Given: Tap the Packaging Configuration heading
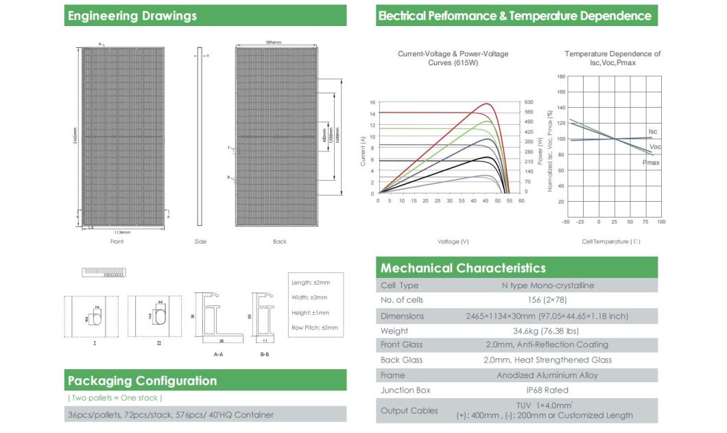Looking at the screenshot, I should (x=142, y=381).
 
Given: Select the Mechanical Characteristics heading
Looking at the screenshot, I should (x=463, y=268).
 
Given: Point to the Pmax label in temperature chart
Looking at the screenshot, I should (x=651, y=163).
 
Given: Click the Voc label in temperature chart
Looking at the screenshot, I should (x=655, y=147).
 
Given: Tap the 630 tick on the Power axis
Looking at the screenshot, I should (x=528, y=102).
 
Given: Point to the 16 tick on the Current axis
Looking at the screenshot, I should (x=372, y=103).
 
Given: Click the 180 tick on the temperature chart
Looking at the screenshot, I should (x=561, y=77).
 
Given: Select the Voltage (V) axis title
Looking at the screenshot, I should (x=453, y=242).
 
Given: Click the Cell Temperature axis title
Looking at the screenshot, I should (x=610, y=242).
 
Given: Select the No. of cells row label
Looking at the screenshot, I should (x=402, y=300).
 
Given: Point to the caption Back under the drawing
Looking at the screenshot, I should (x=279, y=242).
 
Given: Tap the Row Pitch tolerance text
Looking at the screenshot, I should (x=315, y=328).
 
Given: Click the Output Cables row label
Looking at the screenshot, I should (x=409, y=410).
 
